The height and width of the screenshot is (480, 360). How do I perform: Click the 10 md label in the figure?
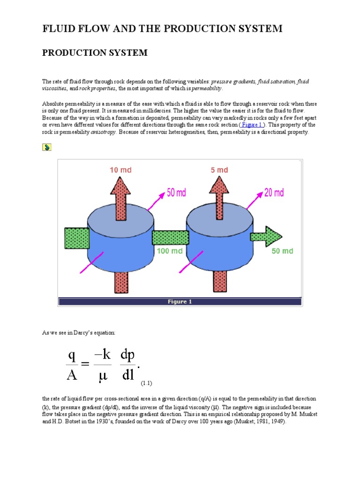tap(120, 170)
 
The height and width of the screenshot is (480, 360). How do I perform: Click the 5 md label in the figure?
tap(219, 170)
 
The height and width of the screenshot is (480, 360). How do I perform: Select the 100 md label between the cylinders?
tap(170, 251)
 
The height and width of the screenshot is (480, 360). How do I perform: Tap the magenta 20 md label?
tap(274, 193)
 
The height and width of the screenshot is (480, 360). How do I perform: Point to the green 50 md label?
tap(282, 251)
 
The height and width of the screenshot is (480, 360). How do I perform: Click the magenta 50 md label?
tap(177, 193)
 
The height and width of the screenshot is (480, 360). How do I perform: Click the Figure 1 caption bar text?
tap(180, 301)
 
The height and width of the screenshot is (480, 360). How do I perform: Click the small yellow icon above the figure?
tap(46, 147)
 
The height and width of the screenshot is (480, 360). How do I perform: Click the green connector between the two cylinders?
tap(170, 238)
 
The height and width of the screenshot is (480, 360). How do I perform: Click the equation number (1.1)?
tap(147, 383)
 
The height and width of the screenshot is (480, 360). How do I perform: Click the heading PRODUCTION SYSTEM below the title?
tap(95, 53)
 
